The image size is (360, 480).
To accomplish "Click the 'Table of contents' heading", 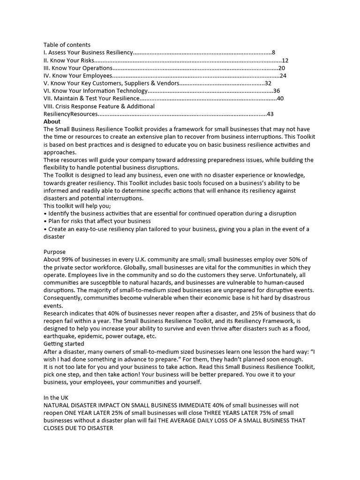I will (x=67, y=45).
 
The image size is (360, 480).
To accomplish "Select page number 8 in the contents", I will (x=273, y=52).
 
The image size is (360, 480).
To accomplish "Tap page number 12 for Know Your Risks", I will (x=285, y=60).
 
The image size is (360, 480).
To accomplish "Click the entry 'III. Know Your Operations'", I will (x=78, y=68).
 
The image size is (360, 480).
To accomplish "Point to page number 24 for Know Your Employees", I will (x=283, y=75).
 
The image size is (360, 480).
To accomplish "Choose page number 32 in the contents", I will (x=268, y=83).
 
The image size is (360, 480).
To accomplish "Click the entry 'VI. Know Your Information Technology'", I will (x=96, y=91).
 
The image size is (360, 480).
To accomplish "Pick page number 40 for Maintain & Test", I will (x=280, y=98).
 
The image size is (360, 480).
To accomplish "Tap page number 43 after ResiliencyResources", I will (x=270, y=114).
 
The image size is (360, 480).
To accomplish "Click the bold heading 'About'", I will (x=52, y=121).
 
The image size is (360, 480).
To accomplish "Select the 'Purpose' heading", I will (x=55, y=252).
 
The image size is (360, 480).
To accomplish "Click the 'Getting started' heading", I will (x=64, y=344).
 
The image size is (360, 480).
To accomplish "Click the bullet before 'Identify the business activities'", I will (x=45, y=213).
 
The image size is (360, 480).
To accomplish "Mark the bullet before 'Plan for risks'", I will (x=45, y=221).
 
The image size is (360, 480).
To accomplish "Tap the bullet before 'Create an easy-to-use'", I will (x=45, y=229).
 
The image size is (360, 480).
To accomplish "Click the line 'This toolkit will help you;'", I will (x=77, y=206).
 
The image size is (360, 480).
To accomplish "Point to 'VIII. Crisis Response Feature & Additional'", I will (x=99, y=106).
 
